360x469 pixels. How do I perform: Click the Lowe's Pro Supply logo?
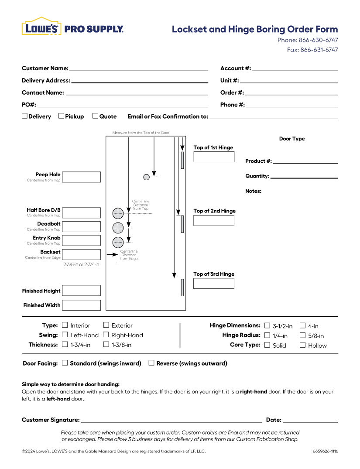click(x=72, y=27)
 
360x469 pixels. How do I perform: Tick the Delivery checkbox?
click(x=25, y=116)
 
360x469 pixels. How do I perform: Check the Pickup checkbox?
click(x=62, y=116)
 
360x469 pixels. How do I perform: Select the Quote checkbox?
click(x=95, y=116)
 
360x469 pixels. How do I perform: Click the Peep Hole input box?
click(x=82, y=177)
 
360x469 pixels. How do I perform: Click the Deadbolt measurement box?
click(x=82, y=226)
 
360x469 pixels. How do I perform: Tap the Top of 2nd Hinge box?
click(x=214, y=220)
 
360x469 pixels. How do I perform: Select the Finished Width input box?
click(x=82, y=305)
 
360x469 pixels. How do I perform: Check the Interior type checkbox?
click(x=65, y=325)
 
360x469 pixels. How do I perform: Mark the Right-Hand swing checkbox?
click(x=106, y=335)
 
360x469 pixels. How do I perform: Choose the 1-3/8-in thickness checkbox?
click(x=106, y=344)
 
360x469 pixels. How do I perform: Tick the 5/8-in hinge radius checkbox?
click(x=302, y=335)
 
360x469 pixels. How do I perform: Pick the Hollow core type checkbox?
click(x=302, y=345)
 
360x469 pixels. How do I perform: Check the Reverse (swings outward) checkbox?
click(x=151, y=363)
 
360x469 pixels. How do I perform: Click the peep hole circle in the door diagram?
click(x=147, y=177)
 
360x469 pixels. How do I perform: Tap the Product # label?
click(x=258, y=161)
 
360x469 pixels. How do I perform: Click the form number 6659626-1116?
click(x=325, y=451)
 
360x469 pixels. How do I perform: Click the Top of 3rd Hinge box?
click(x=214, y=284)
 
